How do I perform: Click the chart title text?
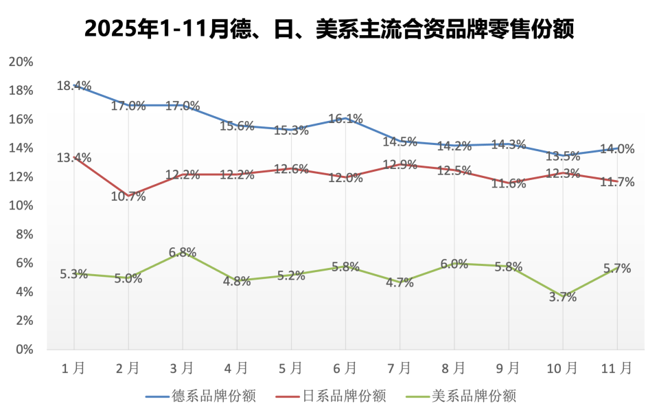click(329, 30)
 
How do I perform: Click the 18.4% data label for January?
click(74, 86)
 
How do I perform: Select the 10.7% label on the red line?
click(128, 196)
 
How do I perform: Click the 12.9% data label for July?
click(400, 164)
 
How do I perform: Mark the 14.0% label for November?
click(616, 149)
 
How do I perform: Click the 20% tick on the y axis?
click(21, 62)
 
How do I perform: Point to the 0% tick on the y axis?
click(25, 349)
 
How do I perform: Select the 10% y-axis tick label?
click(21, 205)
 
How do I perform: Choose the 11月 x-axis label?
click(616, 369)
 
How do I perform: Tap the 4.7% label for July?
click(400, 282)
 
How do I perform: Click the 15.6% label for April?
click(237, 126)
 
